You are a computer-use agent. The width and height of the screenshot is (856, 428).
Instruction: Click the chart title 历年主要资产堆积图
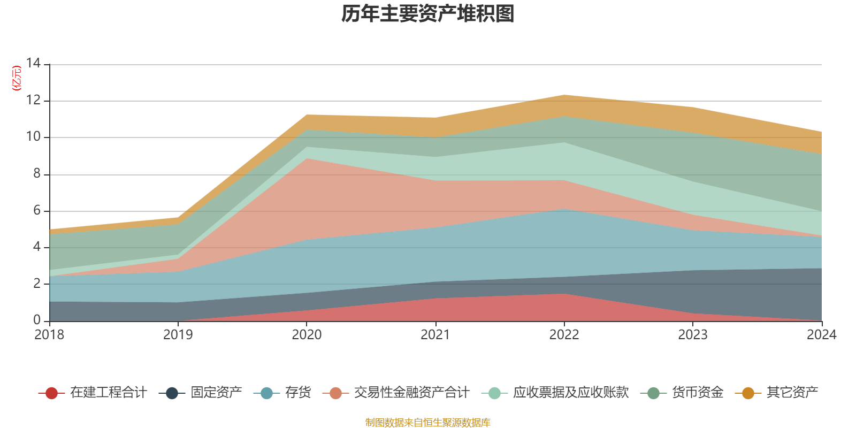428,14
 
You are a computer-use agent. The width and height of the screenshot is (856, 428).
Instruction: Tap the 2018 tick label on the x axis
49,335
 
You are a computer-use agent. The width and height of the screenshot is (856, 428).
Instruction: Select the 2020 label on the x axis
307,335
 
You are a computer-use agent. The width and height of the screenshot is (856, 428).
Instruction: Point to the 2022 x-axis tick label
564,335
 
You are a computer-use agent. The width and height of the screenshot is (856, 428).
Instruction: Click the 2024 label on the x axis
821,335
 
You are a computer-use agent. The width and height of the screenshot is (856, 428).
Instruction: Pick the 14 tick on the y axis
33,64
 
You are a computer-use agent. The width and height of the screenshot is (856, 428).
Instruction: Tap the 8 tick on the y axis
36,174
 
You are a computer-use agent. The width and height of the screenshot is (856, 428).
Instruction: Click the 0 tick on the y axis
36,320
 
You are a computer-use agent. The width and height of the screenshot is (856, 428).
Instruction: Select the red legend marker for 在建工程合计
52,393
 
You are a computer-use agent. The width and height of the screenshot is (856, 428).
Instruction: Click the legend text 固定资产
216,393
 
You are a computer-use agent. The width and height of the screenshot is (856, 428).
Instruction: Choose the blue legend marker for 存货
266,393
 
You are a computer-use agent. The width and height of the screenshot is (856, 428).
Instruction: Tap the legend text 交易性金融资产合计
411,393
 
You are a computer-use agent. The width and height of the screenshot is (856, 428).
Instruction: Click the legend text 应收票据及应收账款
571,393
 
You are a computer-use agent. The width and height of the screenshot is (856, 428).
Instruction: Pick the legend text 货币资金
698,393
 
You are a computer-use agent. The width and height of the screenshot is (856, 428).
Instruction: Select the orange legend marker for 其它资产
748,393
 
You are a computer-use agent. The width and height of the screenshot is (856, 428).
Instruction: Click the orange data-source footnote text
428,423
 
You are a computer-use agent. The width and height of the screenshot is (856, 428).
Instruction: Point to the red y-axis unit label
17,78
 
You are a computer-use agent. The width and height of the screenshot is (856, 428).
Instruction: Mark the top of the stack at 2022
564,95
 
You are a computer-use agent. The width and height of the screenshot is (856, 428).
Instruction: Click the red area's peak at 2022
564,294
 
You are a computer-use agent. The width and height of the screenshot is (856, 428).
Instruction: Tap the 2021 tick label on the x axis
435,335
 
